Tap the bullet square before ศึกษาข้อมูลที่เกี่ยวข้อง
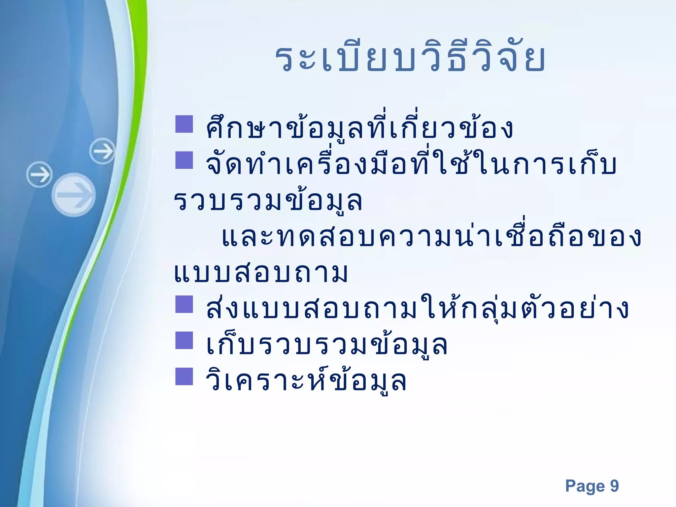[x=184, y=124]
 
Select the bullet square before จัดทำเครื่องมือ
[x=184, y=160]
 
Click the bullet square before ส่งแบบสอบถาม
[x=184, y=304]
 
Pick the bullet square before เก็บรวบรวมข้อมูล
[x=184, y=340]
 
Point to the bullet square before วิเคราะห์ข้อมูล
[x=184, y=377]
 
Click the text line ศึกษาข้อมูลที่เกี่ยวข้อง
[x=359, y=128]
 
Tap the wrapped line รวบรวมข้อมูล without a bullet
[x=268, y=201]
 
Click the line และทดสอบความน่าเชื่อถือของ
[x=431, y=237]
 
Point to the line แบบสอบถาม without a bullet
[x=261, y=273]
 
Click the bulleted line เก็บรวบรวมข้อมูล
[x=327, y=345]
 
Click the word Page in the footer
[x=585, y=486]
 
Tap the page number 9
[x=614, y=486]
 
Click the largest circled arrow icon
[x=74, y=195]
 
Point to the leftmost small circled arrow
[x=39, y=174]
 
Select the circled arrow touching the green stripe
[x=103, y=151]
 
